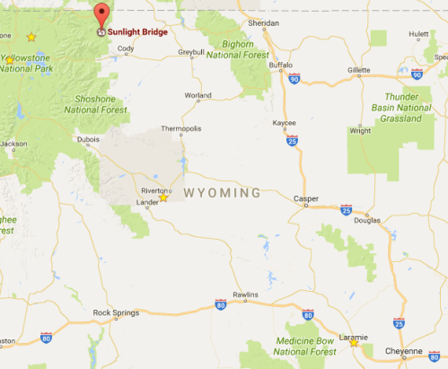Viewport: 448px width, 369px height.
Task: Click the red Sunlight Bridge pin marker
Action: click(x=101, y=15)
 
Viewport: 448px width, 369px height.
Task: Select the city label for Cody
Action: click(x=126, y=48)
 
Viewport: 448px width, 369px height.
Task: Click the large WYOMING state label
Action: click(x=222, y=193)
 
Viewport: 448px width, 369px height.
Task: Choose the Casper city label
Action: click(x=307, y=198)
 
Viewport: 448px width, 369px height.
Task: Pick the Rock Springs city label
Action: click(x=116, y=313)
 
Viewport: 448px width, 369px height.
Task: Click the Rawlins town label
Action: click(x=245, y=295)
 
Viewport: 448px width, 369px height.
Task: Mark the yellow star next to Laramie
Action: click(x=355, y=342)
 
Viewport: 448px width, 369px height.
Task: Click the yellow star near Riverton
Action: click(x=163, y=198)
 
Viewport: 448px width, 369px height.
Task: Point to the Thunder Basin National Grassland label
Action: click(x=395, y=110)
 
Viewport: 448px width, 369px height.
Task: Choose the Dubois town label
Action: click(x=88, y=139)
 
